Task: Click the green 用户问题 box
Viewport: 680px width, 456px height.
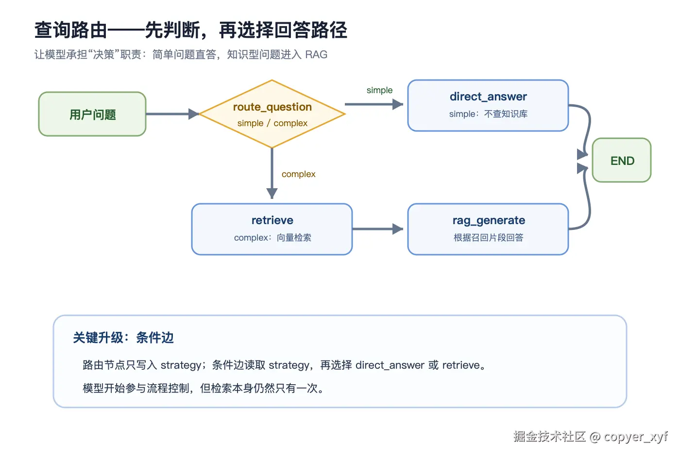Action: (x=92, y=114)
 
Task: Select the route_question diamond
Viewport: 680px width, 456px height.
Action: (x=272, y=114)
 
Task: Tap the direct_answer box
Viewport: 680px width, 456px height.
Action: (x=488, y=106)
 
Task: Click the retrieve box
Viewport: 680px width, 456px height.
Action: (x=272, y=229)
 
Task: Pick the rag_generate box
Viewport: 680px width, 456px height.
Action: (x=488, y=229)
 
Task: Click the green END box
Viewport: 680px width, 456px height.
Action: (x=622, y=160)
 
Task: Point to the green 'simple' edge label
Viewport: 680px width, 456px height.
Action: (x=379, y=90)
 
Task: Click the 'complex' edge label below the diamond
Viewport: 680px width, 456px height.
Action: (x=298, y=174)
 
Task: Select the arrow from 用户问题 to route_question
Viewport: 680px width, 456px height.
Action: (x=172, y=114)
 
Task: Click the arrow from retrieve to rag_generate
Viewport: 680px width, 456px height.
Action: (x=378, y=229)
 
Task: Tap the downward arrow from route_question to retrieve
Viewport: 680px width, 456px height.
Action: (x=272, y=174)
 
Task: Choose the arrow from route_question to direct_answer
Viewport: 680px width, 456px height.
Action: (x=374, y=104)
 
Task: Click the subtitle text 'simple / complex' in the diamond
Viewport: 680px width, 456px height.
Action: (x=272, y=123)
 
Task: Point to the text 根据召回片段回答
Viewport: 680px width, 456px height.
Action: (x=489, y=237)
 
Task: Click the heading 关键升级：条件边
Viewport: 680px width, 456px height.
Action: (x=123, y=338)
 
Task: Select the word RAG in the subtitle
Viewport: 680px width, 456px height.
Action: (x=316, y=54)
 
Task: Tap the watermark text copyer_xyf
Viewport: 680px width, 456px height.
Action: (x=636, y=437)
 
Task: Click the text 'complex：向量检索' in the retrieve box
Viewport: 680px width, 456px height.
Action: (x=272, y=237)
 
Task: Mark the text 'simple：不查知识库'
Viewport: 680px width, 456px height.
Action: (x=488, y=114)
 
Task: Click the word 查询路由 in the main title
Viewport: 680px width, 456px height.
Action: (x=71, y=30)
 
